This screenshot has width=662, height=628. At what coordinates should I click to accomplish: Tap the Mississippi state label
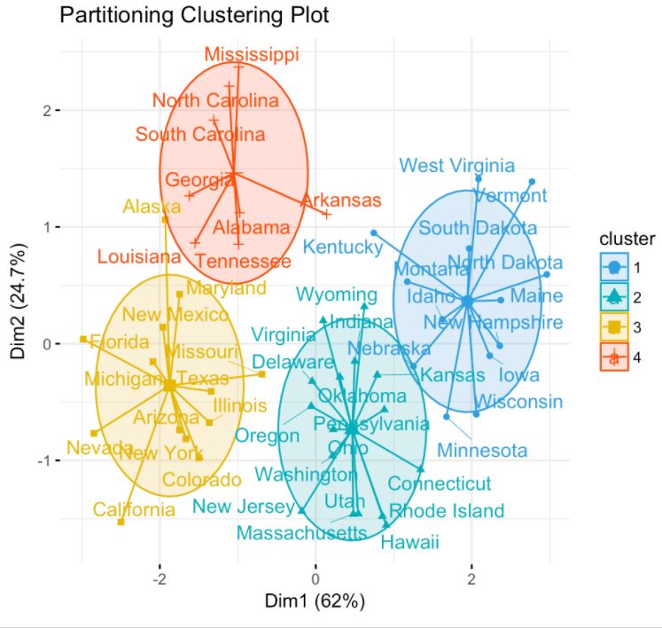(x=252, y=55)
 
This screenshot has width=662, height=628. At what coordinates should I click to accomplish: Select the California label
(x=135, y=509)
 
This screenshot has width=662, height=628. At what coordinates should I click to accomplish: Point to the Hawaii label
(x=410, y=543)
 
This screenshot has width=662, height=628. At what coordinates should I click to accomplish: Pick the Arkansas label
(x=341, y=200)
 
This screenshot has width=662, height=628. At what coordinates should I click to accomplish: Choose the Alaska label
(x=152, y=207)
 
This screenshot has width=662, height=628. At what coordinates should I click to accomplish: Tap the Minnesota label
(x=482, y=451)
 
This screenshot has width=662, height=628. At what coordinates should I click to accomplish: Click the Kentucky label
(x=342, y=246)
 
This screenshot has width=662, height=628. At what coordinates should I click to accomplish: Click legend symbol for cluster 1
(x=613, y=265)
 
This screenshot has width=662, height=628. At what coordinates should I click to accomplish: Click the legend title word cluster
(x=627, y=239)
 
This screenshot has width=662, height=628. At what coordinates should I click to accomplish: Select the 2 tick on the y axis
(x=43, y=110)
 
